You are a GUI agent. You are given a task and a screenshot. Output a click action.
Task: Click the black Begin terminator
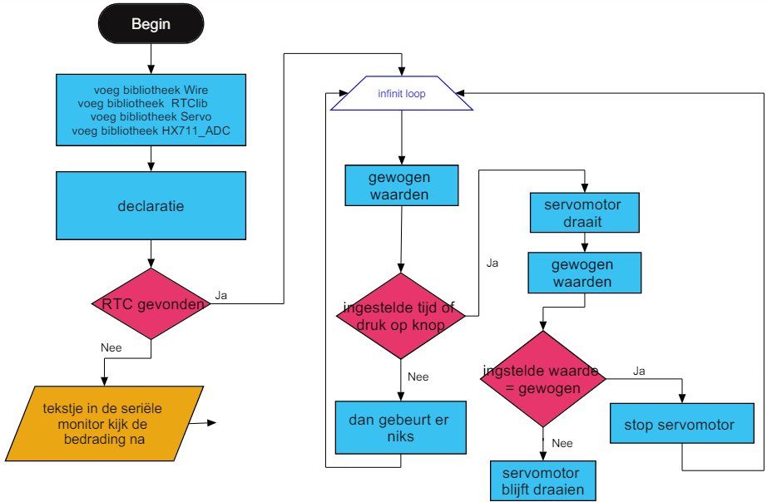pos(151,24)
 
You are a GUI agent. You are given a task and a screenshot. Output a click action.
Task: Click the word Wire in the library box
pos(196,90)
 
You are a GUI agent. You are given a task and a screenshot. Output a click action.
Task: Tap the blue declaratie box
pos(151,205)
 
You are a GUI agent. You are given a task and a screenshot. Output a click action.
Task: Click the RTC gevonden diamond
pos(151,304)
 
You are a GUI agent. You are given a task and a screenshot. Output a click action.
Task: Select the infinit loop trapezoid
pos(402,94)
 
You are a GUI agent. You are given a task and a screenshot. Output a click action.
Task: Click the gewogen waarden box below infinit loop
pos(401,185)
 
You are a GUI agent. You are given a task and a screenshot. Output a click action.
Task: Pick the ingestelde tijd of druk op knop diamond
pos(401,317)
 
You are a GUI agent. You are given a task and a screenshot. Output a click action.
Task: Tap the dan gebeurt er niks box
pos(399,428)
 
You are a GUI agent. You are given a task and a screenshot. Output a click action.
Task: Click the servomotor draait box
pos(584,214)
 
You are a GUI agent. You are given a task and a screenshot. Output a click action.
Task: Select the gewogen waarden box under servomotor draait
pos(584,273)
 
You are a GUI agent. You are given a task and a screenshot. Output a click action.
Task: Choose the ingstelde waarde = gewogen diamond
pos(542,378)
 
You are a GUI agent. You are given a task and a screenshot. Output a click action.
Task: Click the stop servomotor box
pos(679,425)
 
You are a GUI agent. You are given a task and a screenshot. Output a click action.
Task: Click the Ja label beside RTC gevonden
pos(221,295)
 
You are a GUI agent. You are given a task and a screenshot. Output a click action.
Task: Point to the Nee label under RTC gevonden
pos(111,347)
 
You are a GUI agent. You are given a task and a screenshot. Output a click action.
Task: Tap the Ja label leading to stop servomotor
pos(639,371)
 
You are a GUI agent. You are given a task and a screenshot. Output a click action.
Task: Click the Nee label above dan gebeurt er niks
pos(418,376)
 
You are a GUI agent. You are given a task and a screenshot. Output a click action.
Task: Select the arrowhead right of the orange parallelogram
pos(212,423)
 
